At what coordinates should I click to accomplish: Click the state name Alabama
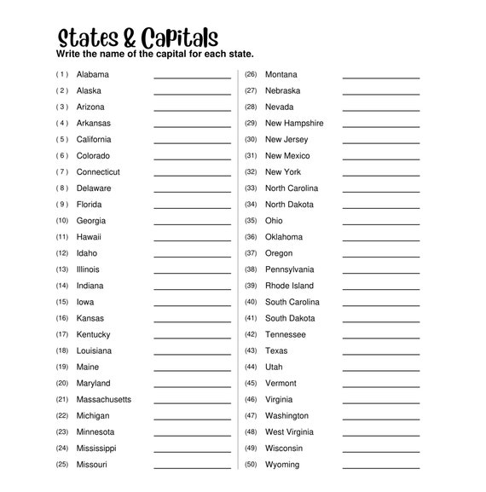(92, 74)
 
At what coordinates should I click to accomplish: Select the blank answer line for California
(192, 143)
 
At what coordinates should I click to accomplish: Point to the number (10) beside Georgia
(62, 221)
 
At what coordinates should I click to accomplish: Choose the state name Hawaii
(89, 237)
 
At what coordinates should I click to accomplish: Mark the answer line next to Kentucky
(192, 339)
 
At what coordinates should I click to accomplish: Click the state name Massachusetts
(104, 400)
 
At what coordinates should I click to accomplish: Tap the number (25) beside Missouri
(62, 465)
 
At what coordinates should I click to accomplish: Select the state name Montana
(281, 74)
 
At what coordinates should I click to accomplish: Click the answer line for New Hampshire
(381, 127)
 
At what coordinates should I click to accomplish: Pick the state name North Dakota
(289, 205)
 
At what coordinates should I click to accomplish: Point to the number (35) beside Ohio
(251, 221)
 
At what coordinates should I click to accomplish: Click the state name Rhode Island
(289, 286)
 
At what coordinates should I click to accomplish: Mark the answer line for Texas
(381, 355)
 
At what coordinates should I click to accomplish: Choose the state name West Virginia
(289, 432)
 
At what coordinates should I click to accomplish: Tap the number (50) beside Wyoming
(251, 465)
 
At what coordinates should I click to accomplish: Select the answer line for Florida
(192, 208)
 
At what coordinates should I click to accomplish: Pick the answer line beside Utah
(381, 371)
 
